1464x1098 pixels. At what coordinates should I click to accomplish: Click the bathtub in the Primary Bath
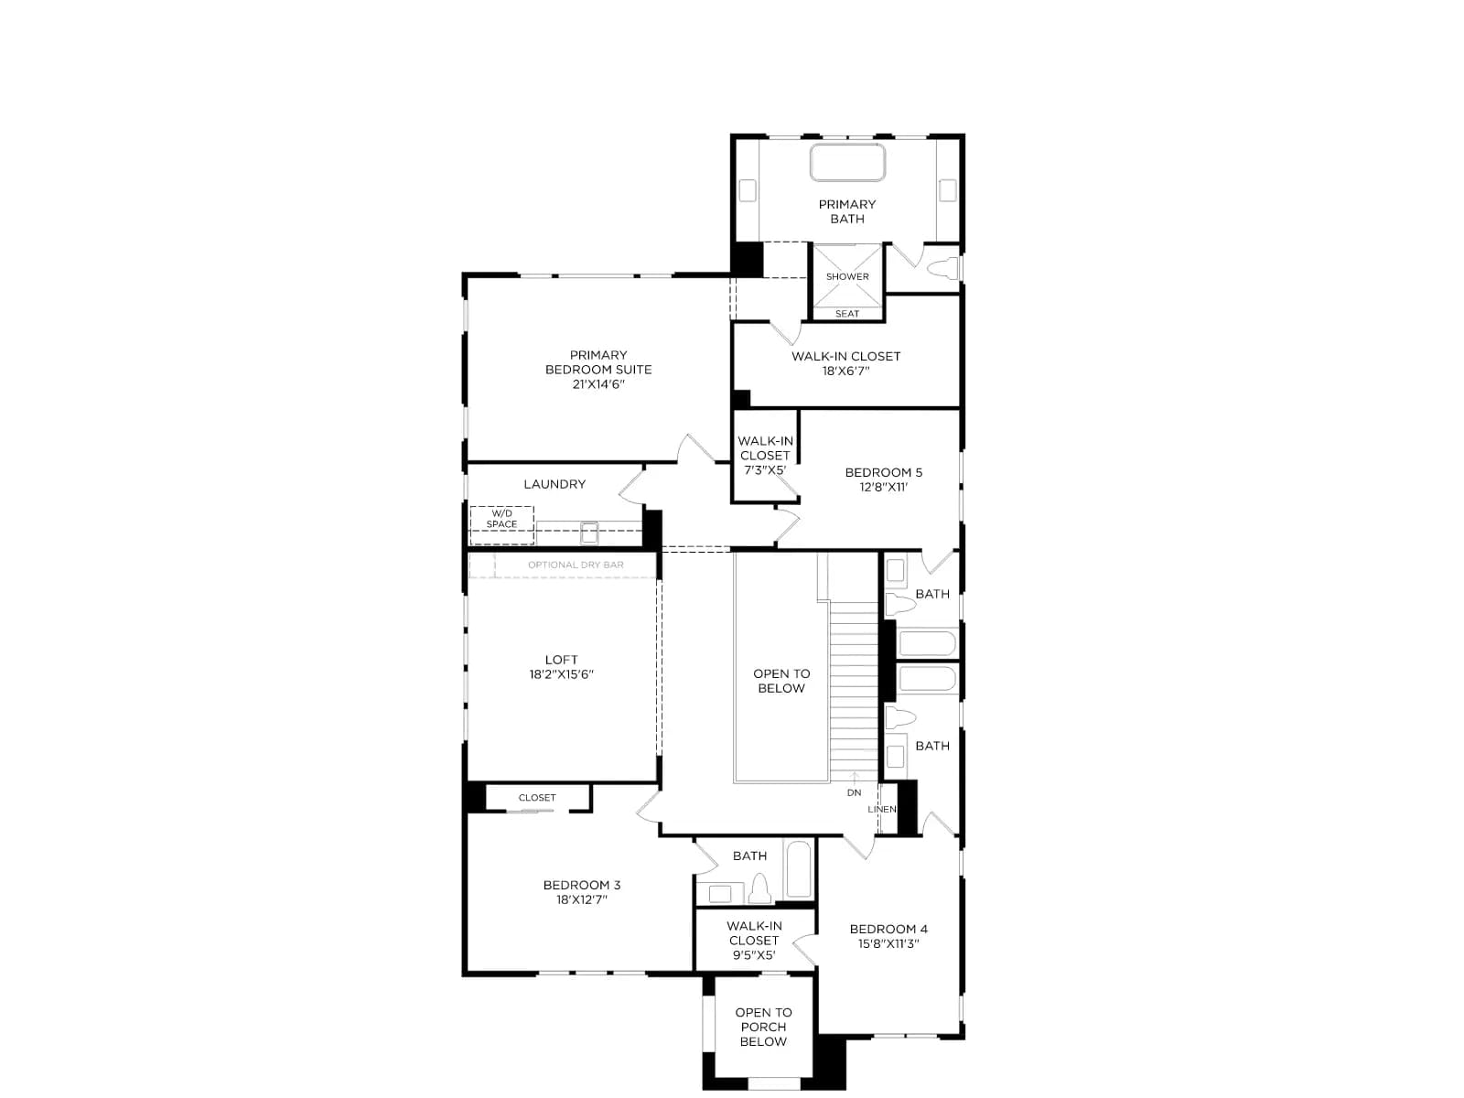847,162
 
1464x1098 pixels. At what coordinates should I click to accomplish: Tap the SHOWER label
847,276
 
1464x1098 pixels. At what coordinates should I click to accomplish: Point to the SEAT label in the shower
847,314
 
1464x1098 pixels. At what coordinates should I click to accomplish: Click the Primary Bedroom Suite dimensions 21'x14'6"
598,384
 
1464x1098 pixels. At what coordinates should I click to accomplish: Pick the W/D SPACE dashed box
501,525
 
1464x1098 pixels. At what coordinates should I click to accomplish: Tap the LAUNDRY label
554,484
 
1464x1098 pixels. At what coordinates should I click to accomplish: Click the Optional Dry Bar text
576,565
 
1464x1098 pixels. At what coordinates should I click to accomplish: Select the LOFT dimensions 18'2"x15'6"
561,674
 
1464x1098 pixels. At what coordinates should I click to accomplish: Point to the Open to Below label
781,681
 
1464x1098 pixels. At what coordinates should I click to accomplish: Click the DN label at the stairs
854,792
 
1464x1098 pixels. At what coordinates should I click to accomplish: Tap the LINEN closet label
882,810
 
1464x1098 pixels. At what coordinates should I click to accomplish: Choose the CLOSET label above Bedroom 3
537,797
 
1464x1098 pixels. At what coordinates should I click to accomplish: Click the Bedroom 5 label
883,473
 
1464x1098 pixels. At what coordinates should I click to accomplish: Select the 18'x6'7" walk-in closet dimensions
845,371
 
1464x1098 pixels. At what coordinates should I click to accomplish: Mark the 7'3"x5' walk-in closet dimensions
765,470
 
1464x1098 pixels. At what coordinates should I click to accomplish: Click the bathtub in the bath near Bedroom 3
799,868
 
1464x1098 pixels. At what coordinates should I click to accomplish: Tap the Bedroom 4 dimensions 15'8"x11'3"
888,943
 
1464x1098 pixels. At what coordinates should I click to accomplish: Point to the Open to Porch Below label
764,1027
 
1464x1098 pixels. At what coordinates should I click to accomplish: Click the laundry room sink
589,533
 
